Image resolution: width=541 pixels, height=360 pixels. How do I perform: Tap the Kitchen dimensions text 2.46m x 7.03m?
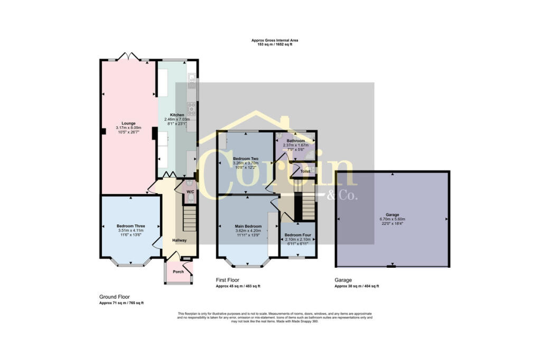pos(177,120)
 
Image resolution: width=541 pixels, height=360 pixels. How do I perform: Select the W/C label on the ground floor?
pos(190,192)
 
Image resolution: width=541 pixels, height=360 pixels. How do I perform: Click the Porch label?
pos(179,272)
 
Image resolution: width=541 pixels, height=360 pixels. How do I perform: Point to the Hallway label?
pos(179,240)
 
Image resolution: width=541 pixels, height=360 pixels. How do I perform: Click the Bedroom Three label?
pos(130,226)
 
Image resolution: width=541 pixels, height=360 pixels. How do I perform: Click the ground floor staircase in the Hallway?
pos(190,218)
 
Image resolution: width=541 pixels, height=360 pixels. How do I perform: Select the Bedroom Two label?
pos(246,159)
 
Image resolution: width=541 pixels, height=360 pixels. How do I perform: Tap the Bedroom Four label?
pos(298,234)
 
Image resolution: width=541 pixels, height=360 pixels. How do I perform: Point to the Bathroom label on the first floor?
pos(295,141)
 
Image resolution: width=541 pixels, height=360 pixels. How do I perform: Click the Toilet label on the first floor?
pos(305,172)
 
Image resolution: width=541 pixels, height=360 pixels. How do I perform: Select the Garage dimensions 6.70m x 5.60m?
pos(392,219)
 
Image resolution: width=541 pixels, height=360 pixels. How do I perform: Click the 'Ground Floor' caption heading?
pos(115,297)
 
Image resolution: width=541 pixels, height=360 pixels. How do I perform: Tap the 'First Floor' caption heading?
pos(228,280)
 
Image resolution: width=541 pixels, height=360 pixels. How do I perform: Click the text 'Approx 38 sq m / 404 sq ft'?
pos(357,286)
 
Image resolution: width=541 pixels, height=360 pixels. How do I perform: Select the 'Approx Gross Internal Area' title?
pos(272,41)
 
